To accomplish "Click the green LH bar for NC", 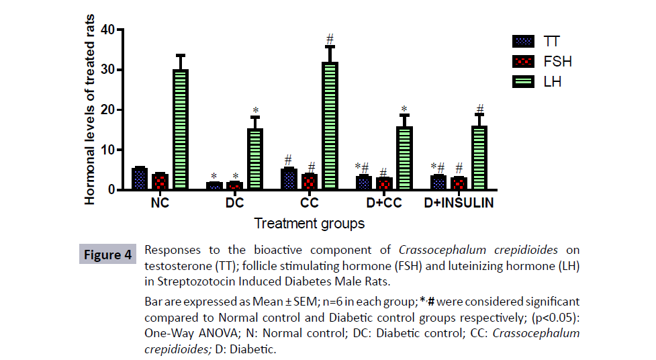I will [180, 130].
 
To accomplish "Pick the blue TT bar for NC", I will [140, 179].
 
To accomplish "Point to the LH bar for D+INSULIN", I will [479, 159].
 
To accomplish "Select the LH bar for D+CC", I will [404, 159].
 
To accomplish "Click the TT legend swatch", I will [522, 41].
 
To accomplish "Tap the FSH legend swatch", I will [522, 61].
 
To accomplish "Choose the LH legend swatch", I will [522, 82].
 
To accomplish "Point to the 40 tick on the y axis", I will [107, 30].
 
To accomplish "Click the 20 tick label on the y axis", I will [107, 110].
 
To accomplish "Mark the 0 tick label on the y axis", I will [110, 190].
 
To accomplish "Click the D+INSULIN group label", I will [459, 203].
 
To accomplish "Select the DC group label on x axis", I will [234, 203].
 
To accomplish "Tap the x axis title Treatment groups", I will [310, 223].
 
